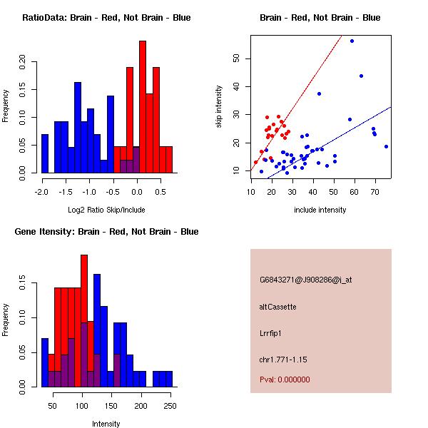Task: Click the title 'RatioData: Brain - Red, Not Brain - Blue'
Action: click(x=106, y=18)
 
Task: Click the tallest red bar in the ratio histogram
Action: click(x=143, y=107)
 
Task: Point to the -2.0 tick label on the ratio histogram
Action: click(x=41, y=191)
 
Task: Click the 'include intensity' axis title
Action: click(x=320, y=210)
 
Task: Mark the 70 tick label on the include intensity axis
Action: click(x=374, y=191)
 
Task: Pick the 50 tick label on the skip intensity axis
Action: click(x=238, y=59)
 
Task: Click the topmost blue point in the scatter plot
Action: click(x=352, y=41)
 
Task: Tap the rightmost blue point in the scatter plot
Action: click(x=386, y=146)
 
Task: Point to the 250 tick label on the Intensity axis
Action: click(x=170, y=405)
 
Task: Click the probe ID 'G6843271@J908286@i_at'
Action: click(x=305, y=280)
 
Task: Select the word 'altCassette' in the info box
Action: click(x=277, y=307)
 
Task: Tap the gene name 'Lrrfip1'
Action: click(x=272, y=332)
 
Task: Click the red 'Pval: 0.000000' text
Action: click(x=285, y=379)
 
